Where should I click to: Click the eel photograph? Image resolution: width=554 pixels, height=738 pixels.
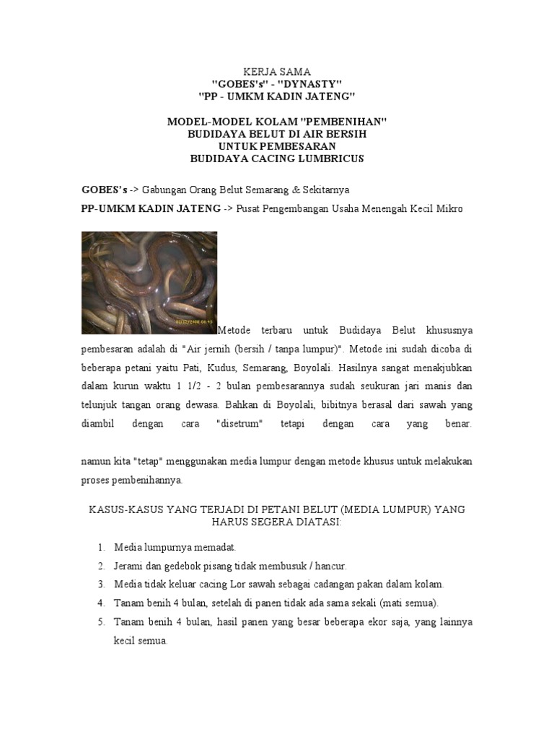pos(149,283)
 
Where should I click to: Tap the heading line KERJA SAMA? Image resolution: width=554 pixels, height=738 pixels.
pos(277,72)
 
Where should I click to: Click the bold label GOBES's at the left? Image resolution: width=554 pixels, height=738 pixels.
pos(105,190)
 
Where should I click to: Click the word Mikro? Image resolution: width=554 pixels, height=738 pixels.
pos(449,209)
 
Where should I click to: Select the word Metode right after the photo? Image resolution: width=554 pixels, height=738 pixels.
pos(234,330)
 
